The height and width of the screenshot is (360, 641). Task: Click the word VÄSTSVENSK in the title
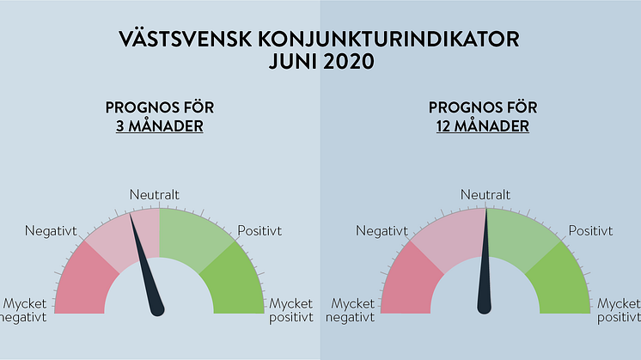tap(185, 39)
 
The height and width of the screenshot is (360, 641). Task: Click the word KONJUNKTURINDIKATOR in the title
tap(388, 40)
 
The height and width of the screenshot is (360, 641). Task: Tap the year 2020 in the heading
tap(349, 62)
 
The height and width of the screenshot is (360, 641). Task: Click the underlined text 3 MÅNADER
tap(160, 125)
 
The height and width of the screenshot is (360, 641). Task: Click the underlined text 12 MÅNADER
tap(482, 125)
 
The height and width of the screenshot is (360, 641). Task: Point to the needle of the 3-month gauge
tap(146, 265)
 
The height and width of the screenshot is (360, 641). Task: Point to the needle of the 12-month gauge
tap(485, 261)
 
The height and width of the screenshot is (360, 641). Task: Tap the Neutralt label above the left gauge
tap(154, 194)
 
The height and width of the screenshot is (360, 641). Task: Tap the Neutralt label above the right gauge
tap(485, 194)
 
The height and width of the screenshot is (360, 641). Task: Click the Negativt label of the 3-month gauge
tap(51, 231)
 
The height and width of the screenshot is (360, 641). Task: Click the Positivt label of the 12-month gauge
tap(590, 231)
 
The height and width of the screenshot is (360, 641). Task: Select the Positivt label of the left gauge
tap(259, 231)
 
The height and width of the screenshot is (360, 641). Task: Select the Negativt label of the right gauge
tap(382, 231)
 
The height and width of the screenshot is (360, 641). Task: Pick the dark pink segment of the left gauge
tap(83, 282)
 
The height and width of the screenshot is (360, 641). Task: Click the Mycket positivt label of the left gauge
tap(291, 310)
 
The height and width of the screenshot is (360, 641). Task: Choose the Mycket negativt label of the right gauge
tap(350, 310)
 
